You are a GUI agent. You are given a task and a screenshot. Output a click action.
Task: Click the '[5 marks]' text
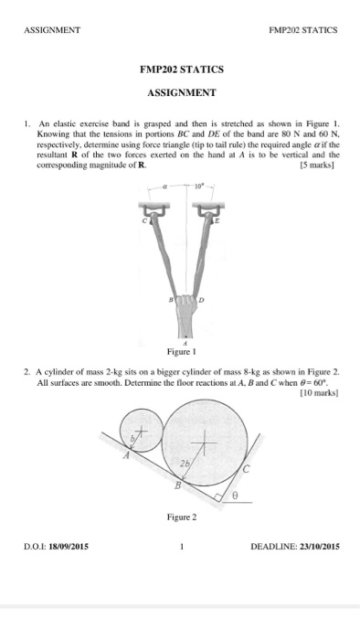click(318, 167)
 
